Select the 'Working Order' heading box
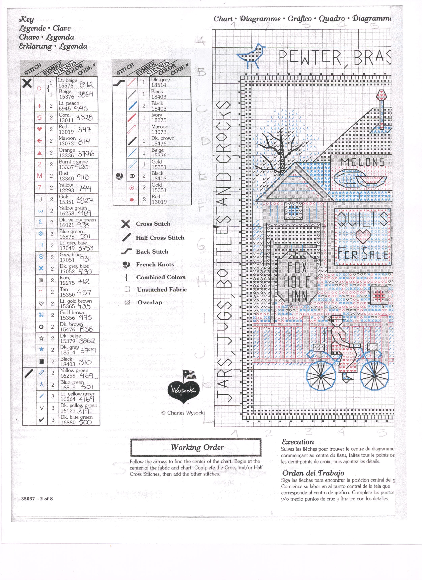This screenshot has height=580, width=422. [196, 447]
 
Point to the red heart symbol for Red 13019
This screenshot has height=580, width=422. [39, 129]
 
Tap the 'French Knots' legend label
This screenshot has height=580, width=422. [155, 265]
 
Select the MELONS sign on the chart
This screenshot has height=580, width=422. [362, 162]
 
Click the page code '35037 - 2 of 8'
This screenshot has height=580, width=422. [37, 499]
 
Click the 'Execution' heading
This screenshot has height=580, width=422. [298, 442]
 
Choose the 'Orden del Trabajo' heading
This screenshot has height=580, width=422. [313, 473]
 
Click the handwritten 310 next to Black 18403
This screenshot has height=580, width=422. [85, 362]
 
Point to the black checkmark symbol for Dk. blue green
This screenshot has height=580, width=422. [42, 419]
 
